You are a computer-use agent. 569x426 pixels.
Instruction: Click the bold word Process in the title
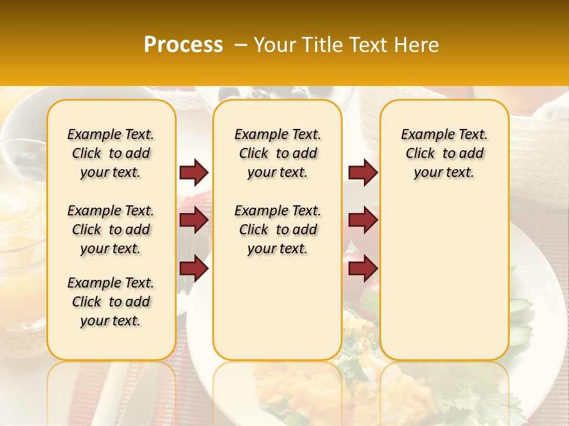point(183,45)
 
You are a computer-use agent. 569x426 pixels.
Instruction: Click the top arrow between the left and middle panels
point(194,173)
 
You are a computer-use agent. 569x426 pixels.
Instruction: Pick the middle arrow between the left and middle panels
point(194,221)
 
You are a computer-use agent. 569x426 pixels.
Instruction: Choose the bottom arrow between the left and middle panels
point(194,269)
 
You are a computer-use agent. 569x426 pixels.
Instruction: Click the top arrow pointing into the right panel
point(363,173)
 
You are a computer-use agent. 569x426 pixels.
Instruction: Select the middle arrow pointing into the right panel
point(363,221)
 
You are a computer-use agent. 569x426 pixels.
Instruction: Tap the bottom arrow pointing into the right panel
point(363,269)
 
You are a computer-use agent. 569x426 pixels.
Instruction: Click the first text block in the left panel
point(111,153)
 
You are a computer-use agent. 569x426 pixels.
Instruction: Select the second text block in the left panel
point(111,230)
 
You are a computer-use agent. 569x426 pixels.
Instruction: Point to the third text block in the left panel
point(111,302)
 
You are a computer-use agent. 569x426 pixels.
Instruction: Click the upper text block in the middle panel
point(277,153)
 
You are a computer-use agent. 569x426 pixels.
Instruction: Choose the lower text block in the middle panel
point(277,230)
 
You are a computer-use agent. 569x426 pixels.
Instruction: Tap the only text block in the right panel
point(444,153)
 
